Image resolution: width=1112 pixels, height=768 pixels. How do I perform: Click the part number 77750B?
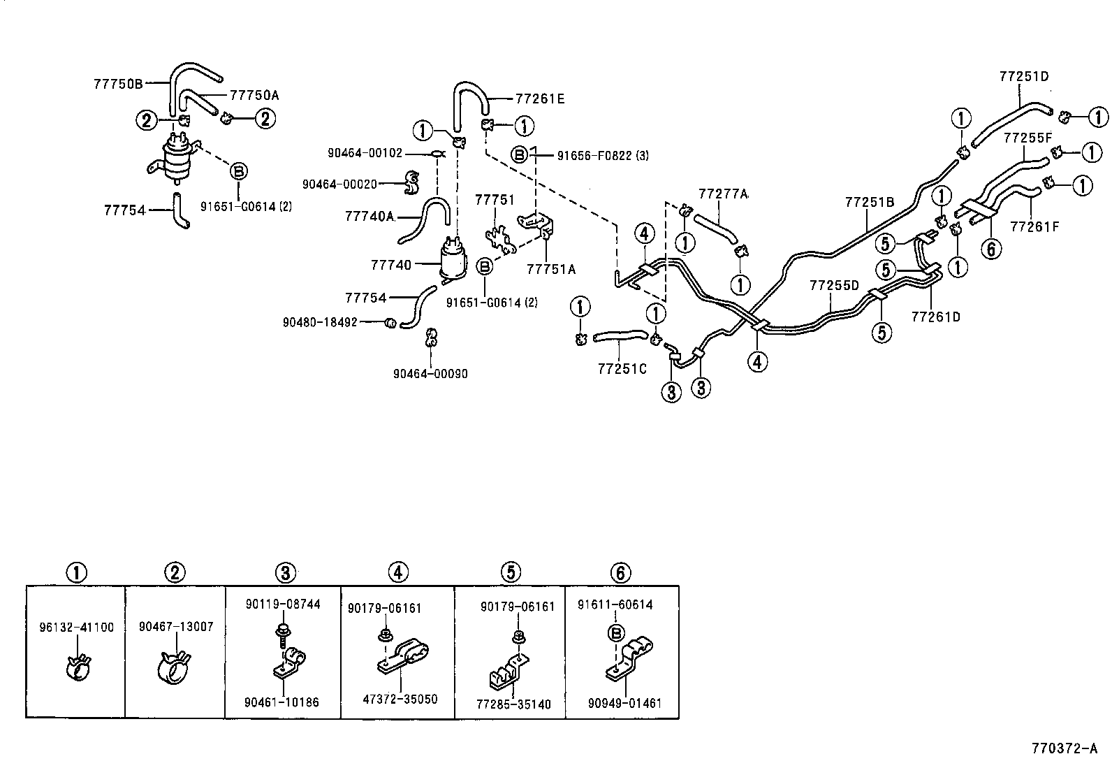click(x=118, y=84)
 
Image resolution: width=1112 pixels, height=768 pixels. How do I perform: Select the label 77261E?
click(x=540, y=99)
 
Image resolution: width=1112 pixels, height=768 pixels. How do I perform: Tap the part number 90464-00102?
click(x=365, y=152)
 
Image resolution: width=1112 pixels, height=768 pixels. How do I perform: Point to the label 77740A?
click(x=370, y=217)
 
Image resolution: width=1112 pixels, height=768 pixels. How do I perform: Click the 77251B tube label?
click(x=869, y=203)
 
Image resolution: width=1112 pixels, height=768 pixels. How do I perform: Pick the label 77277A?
click(x=723, y=193)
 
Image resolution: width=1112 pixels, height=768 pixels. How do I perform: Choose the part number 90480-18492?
click(x=320, y=322)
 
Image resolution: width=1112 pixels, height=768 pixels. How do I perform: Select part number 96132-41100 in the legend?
click(x=76, y=628)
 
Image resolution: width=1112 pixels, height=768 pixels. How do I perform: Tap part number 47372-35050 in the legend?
click(x=401, y=699)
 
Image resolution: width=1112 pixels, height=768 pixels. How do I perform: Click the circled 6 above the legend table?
click(x=620, y=573)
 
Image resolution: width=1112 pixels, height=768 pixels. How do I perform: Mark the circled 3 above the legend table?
click(x=285, y=573)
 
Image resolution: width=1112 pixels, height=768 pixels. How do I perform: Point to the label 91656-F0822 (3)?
click(x=602, y=155)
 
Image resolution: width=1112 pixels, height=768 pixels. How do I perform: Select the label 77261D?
click(x=935, y=317)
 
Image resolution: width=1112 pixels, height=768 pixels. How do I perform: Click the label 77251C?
click(x=622, y=368)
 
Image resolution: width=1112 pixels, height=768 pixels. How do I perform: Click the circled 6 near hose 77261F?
click(x=991, y=247)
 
